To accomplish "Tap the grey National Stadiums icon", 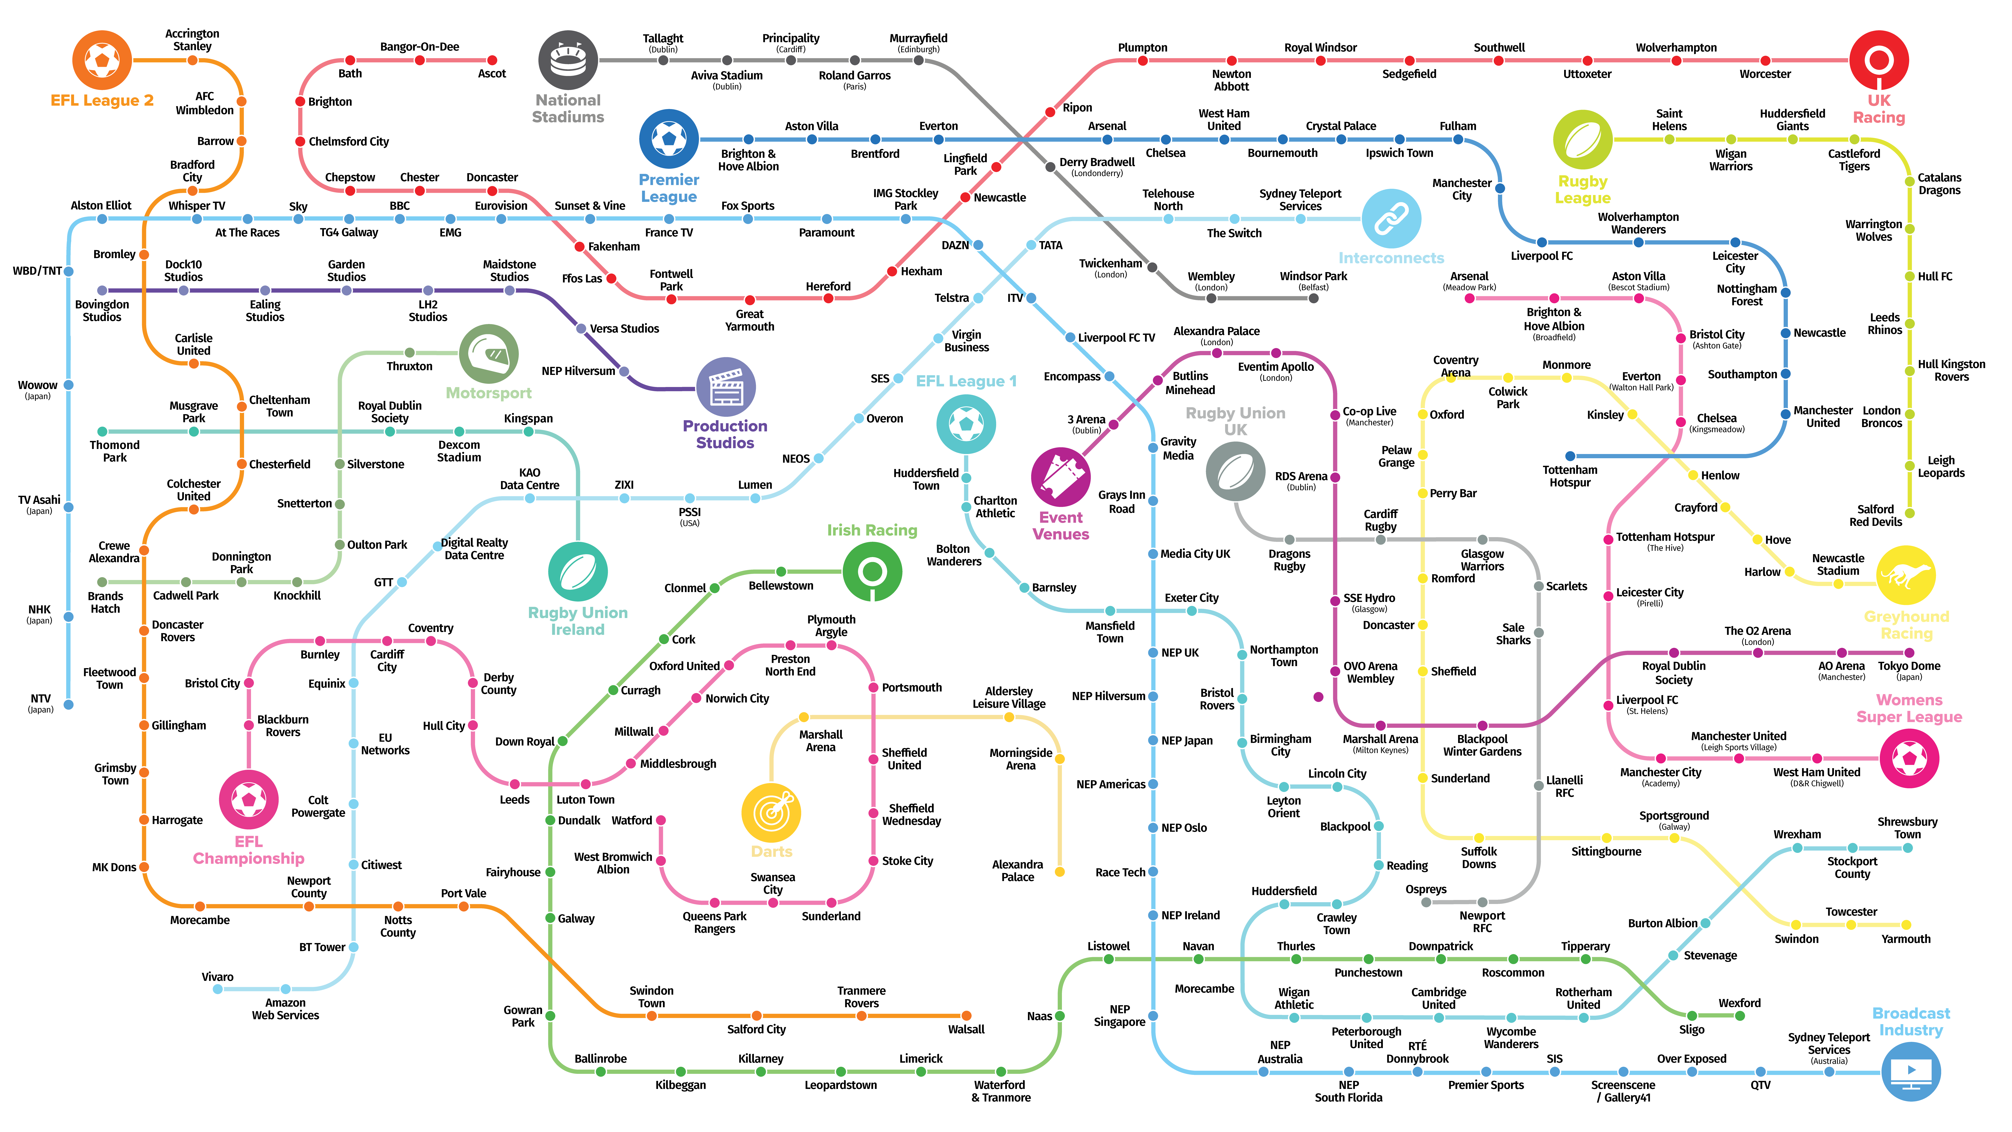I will click(x=568, y=60).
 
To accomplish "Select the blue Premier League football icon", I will click(x=669, y=139).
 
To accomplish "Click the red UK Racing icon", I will click(x=1878, y=60).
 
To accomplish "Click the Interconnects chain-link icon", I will click(x=1391, y=219).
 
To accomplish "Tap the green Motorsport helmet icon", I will click(x=489, y=354).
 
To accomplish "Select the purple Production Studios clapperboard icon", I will click(x=726, y=387).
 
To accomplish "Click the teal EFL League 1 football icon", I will click(x=966, y=424).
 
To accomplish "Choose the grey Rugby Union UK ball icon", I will click(x=1235, y=471).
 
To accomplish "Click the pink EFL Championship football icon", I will click(x=248, y=799).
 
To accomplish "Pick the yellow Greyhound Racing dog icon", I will click(x=1906, y=576).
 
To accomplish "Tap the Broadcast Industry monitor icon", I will click(x=1910, y=1071).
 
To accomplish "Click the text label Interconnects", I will click(x=1391, y=258).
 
